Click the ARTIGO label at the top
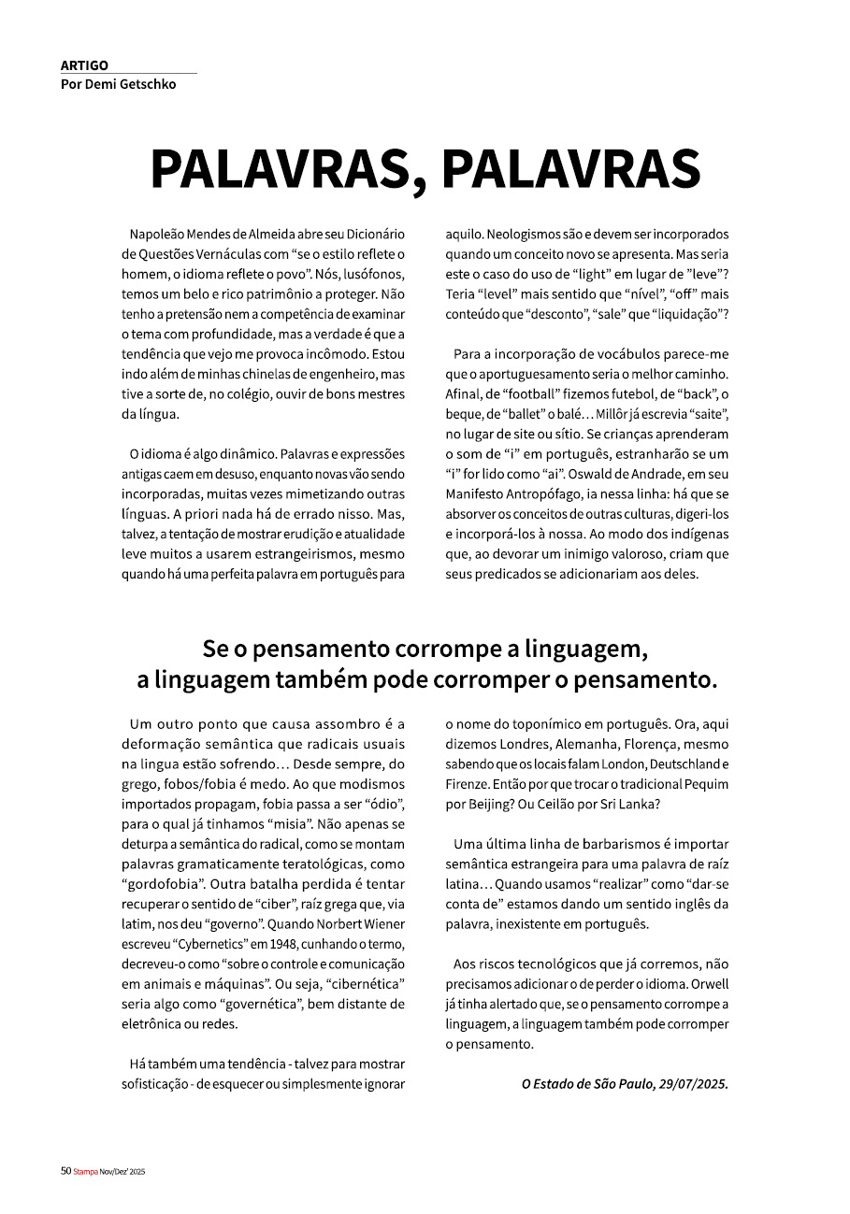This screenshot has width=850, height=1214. click(x=84, y=65)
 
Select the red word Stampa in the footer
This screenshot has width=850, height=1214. click(x=85, y=1171)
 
